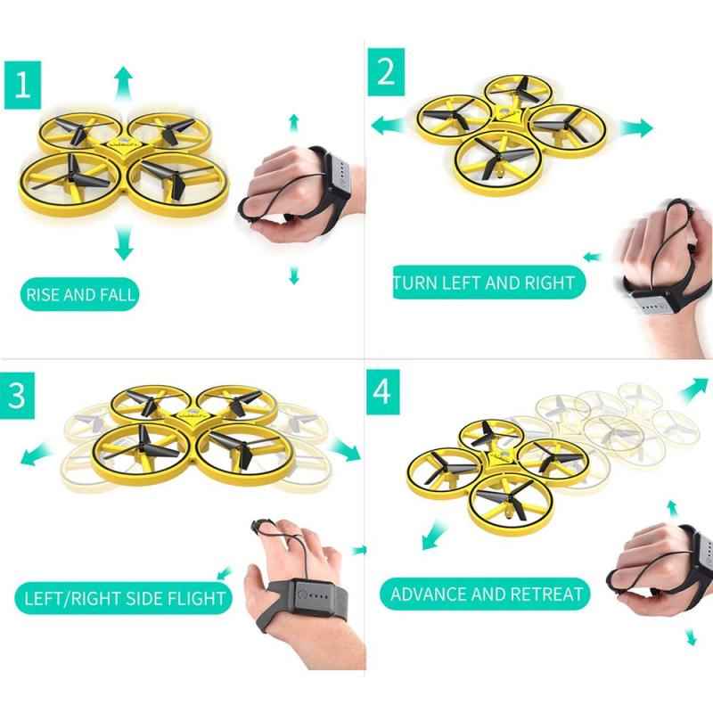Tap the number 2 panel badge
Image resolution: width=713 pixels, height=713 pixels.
[x=386, y=70]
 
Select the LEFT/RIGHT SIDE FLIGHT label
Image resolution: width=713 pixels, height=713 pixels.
[x=119, y=596]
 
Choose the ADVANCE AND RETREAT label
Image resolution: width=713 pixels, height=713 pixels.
[x=486, y=594]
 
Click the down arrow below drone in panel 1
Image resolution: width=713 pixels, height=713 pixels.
[x=123, y=242]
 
